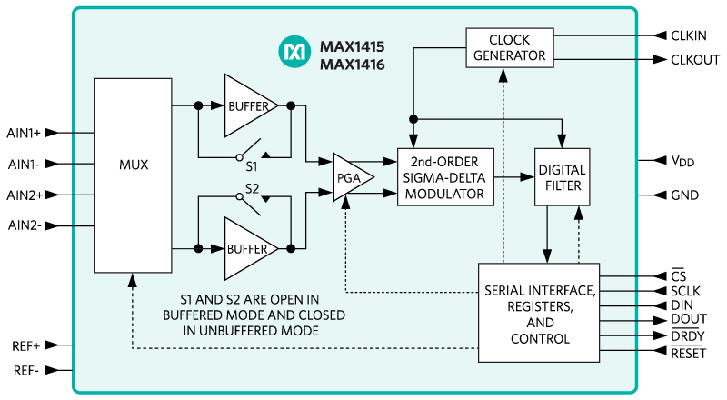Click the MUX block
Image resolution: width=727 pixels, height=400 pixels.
(133, 165)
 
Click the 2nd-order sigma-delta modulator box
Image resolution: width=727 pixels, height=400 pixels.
(445, 175)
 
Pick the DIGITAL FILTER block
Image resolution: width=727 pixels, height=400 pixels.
(561, 177)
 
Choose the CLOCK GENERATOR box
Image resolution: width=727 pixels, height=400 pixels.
(509, 47)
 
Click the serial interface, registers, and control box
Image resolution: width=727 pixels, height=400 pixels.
(538, 313)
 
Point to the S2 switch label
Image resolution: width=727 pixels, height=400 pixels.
(253, 189)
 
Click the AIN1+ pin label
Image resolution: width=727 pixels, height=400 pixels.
(24, 133)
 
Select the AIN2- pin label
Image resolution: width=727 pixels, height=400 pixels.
(24, 225)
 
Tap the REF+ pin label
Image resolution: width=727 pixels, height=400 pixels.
(25, 345)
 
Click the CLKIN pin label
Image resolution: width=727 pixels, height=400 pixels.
(694, 35)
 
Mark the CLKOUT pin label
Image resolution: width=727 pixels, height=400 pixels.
(698, 60)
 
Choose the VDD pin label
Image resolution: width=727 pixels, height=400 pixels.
(682, 161)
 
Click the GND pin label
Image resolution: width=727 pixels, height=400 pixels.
(684, 195)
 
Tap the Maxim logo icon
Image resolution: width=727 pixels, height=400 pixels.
(295, 54)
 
